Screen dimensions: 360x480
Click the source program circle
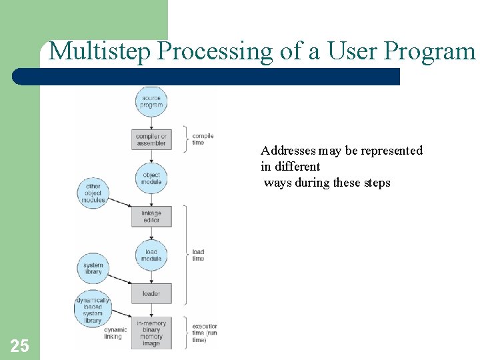point(152,101)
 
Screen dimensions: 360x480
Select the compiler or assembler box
point(152,139)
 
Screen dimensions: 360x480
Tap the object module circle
point(152,178)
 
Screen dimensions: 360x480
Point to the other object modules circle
point(93,193)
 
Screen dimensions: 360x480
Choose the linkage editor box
point(152,217)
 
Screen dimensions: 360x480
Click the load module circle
point(152,255)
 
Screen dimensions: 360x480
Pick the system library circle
point(93,267)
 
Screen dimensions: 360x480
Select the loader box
point(152,293)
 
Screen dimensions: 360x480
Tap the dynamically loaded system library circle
point(93,309)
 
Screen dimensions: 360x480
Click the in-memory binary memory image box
point(152,333)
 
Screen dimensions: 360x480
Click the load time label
point(199,255)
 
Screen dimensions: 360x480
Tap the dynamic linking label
point(115,333)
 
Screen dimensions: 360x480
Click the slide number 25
point(19,345)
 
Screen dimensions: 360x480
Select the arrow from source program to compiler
point(152,122)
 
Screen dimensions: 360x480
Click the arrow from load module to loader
point(152,276)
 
